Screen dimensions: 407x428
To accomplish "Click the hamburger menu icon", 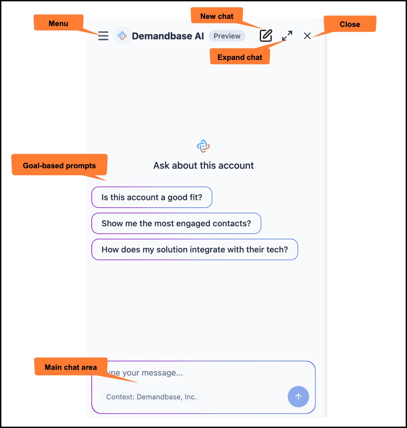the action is coord(103,36).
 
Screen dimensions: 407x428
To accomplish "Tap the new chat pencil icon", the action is coord(266,35).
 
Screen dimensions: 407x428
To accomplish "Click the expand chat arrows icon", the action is coord(287,36).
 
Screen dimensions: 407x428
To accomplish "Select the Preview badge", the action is coord(227,36).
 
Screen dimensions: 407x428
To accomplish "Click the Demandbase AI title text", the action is coord(168,36).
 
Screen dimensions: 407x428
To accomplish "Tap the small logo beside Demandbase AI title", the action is coord(122,36).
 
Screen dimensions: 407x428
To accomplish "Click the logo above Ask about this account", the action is coord(203,146).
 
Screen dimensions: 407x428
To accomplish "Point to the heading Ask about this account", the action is coord(203,165).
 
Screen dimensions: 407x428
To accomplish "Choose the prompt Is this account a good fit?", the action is coord(152,197).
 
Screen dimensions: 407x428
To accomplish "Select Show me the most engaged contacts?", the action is coord(176,223).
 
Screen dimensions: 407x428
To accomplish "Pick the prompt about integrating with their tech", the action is coord(194,249).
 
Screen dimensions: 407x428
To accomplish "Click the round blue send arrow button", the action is coord(298,397).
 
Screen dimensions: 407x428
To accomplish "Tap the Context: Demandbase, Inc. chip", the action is coord(151,397).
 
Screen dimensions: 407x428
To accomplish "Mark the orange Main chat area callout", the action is coord(71,367).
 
